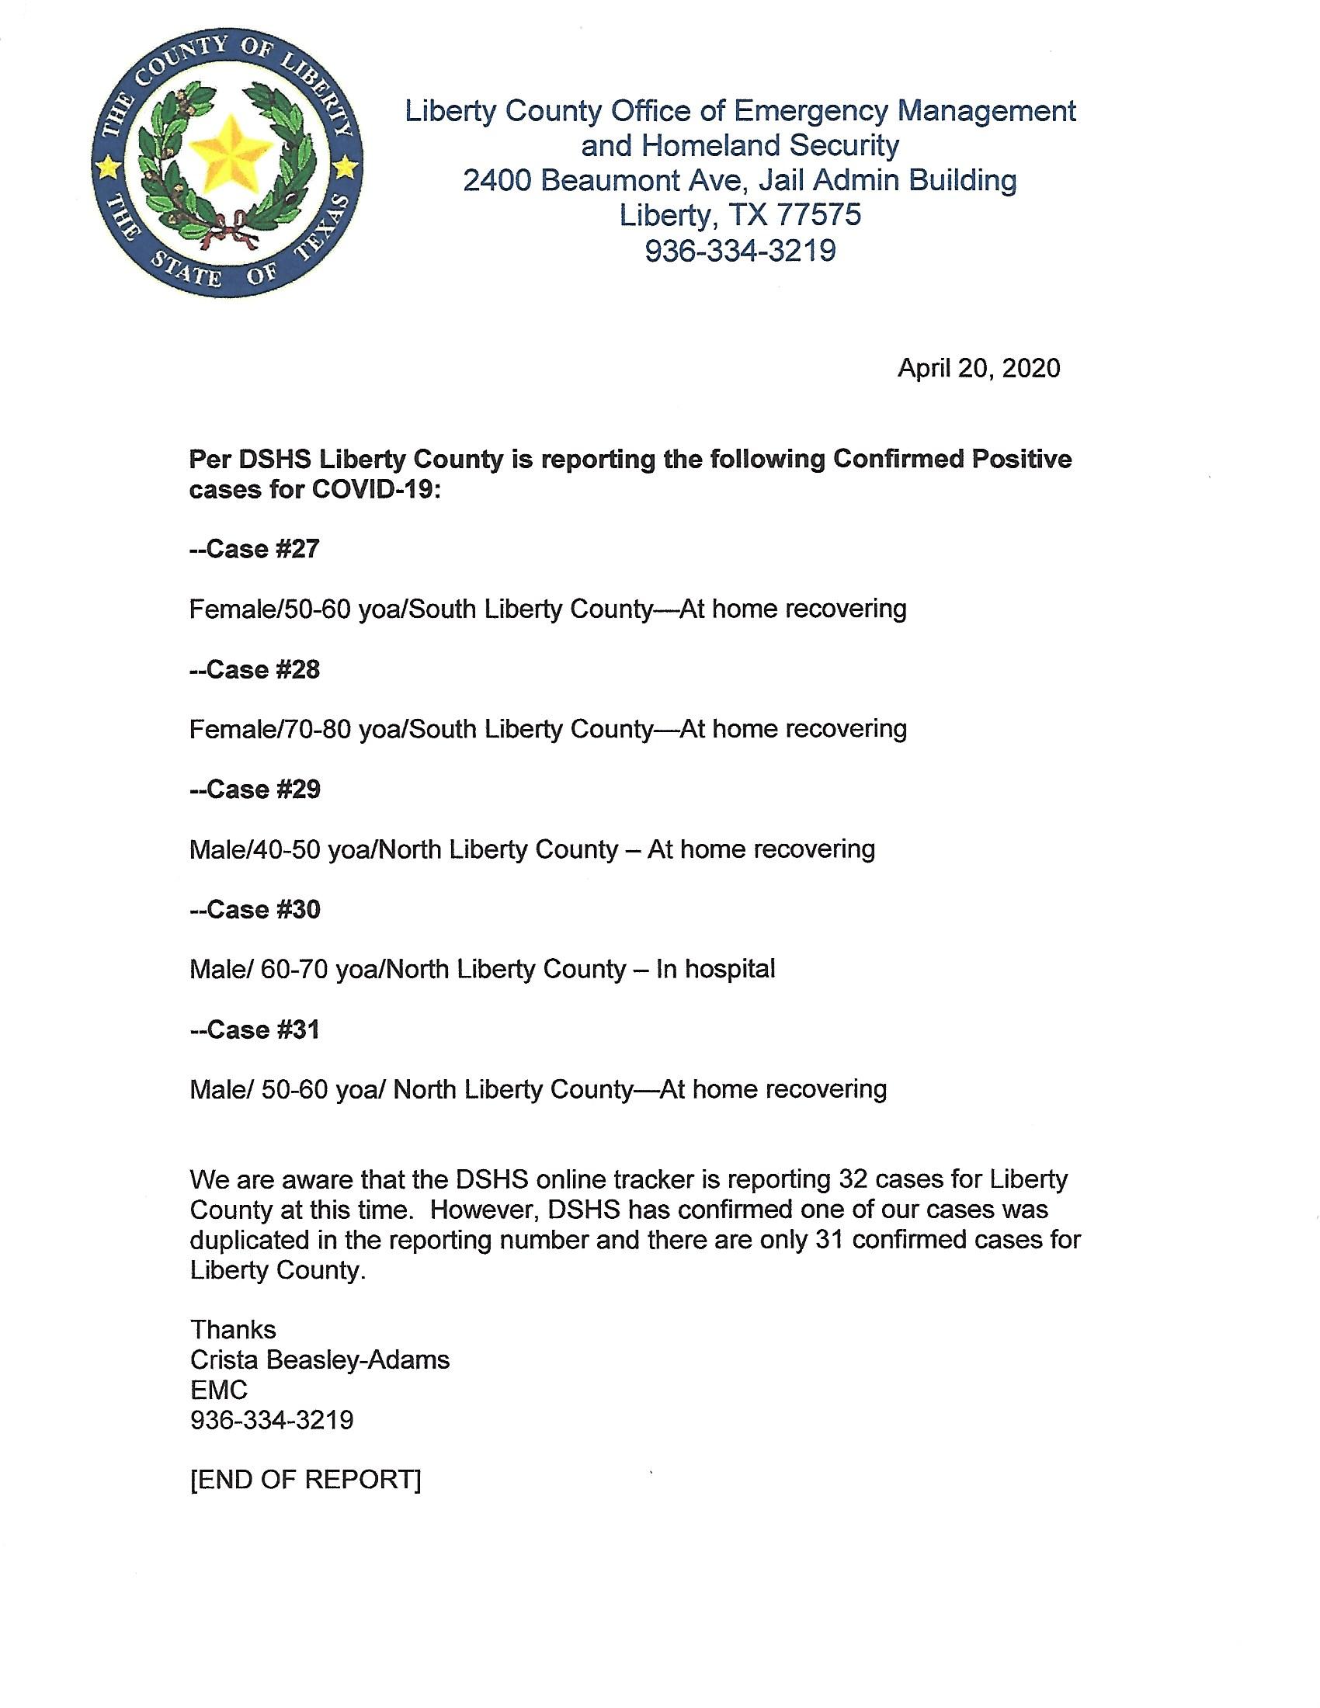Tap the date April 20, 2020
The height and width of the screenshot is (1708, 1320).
coord(978,368)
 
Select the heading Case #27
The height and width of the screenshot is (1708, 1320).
coord(255,549)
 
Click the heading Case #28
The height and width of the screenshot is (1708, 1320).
coord(255,669)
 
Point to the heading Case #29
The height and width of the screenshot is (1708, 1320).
coord(255,789)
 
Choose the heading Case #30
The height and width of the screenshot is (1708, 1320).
coord(255,910)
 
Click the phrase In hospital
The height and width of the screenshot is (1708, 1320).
coord(716,969)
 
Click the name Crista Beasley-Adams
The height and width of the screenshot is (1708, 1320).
coord(320,1360)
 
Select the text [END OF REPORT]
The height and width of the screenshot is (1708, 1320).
coord(306,1480)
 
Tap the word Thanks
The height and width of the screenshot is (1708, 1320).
coord(233,1329)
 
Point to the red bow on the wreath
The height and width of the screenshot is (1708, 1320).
coord(229,226)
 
